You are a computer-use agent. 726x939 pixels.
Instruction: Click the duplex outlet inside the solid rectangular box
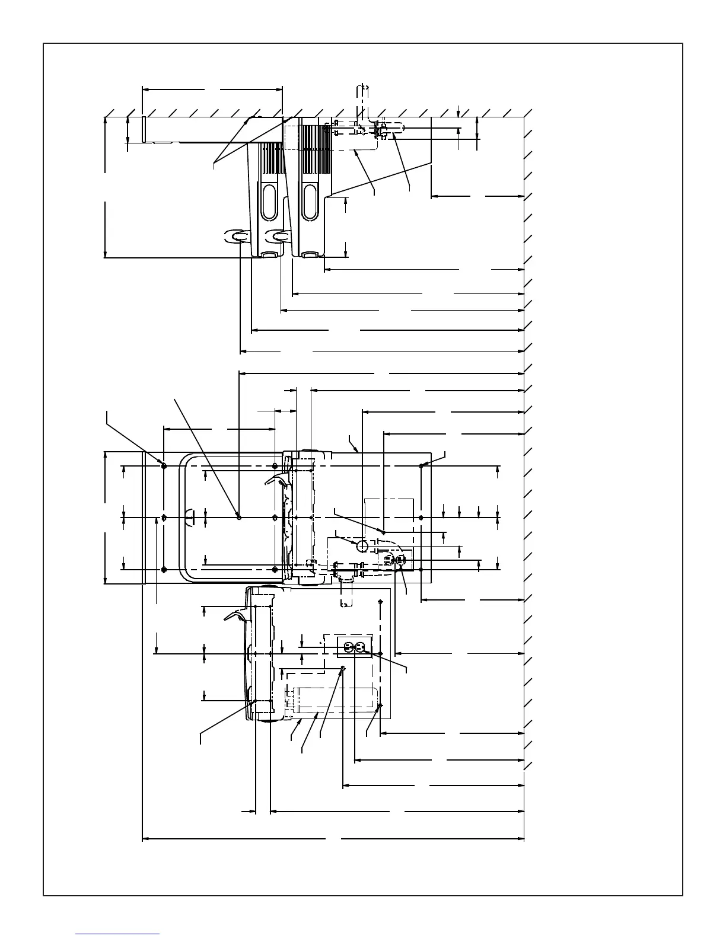point(354,647)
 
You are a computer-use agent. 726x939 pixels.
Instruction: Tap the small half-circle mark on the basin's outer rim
point(189,517)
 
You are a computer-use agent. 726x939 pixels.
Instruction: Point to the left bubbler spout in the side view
point(235,237)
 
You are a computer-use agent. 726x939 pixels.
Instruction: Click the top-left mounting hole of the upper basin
point(164,466)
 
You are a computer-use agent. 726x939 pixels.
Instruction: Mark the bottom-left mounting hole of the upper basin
point(164,570)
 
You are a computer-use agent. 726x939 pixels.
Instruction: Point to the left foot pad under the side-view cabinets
point(269,255)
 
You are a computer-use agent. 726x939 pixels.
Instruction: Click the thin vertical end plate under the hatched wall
point(144,129)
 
